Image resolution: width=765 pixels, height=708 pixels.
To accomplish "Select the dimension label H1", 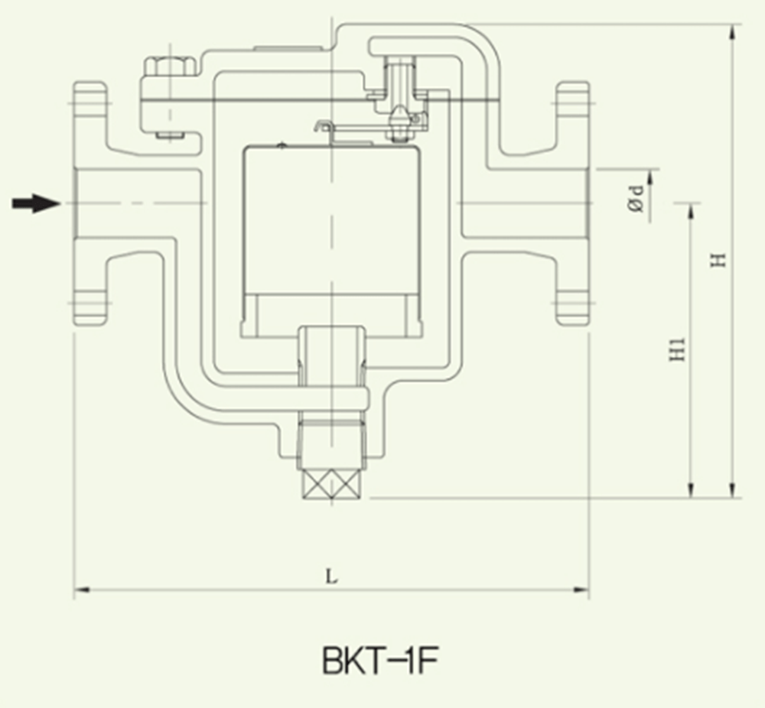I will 675,349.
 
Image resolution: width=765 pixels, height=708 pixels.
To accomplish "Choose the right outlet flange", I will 572,203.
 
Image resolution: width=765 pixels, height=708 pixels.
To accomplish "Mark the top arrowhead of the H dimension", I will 734,31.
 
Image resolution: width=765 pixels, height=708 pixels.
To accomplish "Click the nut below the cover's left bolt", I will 169,137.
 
